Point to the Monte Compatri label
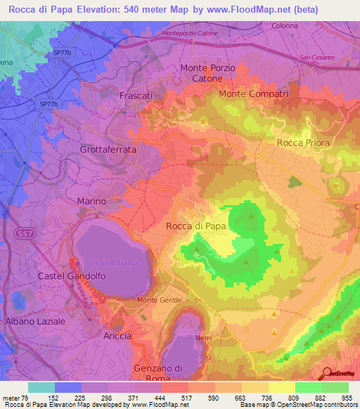pos(254,93)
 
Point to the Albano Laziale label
pos(35,320)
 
